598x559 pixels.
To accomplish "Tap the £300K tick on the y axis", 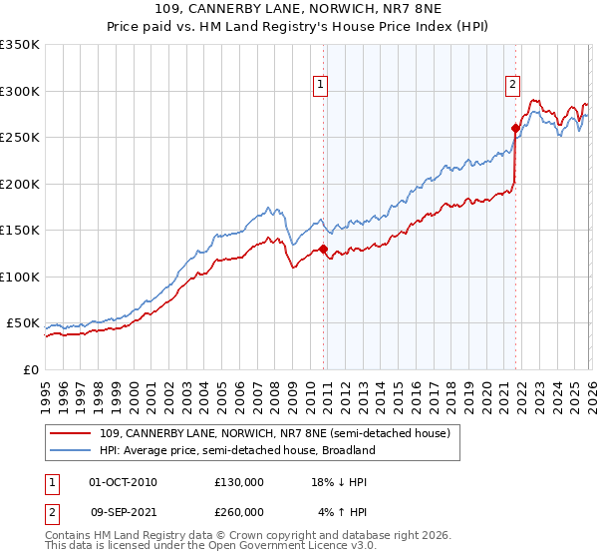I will pyautogui.click(x=20, y=91).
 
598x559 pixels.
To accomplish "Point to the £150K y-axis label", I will pyautogui.click(x=20, y=231).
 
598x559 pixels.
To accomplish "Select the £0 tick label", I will pyautogui.click(x=29, y=370).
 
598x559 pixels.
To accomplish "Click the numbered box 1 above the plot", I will pyautogui.click(x=321, y=86).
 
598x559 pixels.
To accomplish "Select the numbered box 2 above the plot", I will pyautogui.click(x=512, y=86).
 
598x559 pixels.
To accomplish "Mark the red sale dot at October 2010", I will pyautogui.click(x=324, y=249).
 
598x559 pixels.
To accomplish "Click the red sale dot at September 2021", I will pyautogui.click(x=516, y=128).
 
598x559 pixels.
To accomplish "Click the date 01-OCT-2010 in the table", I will pyautogui.click(x=123, y=482).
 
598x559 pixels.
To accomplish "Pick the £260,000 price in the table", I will pyautogui.click(x=238, y=512).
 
